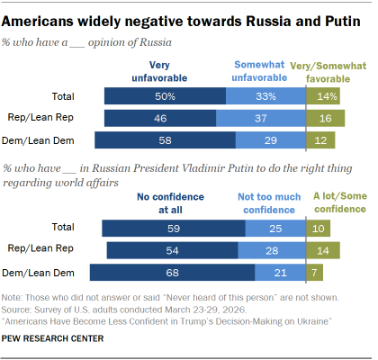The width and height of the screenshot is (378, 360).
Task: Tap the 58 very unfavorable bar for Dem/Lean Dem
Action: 165,139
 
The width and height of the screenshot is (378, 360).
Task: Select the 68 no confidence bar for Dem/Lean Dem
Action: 172,273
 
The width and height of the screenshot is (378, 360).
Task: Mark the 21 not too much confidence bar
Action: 280,273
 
